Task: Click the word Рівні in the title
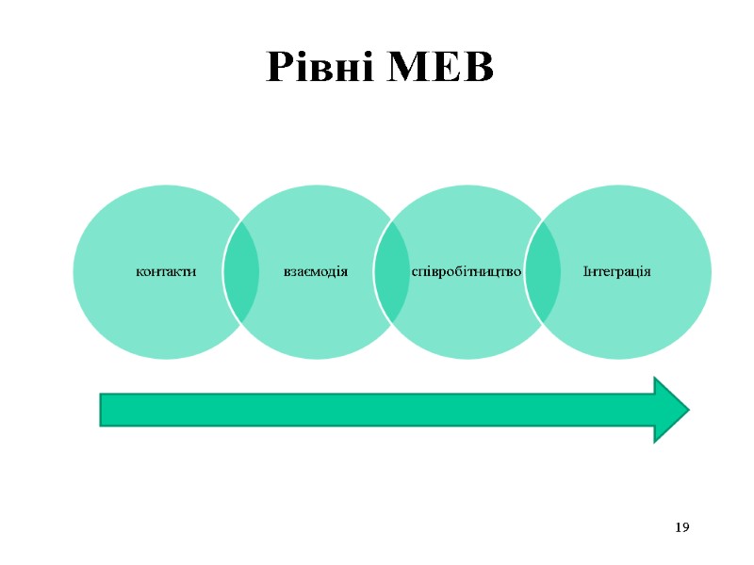320,67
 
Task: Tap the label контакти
166,272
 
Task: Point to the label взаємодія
316,272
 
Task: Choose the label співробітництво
467,272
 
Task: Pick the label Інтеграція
617,272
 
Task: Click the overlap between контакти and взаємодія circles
241,272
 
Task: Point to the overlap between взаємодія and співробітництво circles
391,272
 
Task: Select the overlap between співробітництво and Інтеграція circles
542,272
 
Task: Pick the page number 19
683,526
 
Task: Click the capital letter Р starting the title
279,67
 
